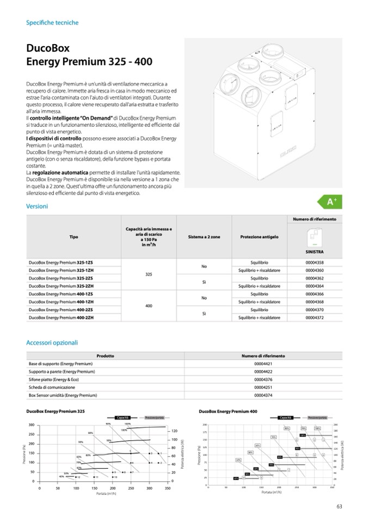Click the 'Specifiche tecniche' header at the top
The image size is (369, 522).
[x=52, y=23]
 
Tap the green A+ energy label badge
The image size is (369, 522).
[x=333, y=202]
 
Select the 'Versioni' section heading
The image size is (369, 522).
[x=37, y=206]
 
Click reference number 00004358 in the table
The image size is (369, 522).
[x=315, y=262]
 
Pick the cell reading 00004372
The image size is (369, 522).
[x=315, y=317]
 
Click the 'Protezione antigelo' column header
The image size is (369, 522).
[x=259, y=237]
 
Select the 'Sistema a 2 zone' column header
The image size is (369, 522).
[x=204, y=237]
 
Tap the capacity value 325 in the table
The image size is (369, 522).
[x=148, y=274]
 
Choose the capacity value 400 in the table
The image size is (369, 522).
[x=148, y=306]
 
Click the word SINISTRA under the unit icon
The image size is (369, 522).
[x=315, y=253]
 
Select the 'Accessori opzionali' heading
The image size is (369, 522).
[x=52, y=343]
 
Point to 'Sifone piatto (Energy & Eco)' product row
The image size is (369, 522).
[x=57, y=379]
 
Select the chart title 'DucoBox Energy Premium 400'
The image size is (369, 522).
[x=228, y=412]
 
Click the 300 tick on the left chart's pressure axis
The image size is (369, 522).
[x=32, y=425]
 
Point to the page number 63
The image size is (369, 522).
[x=339, y=506]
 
